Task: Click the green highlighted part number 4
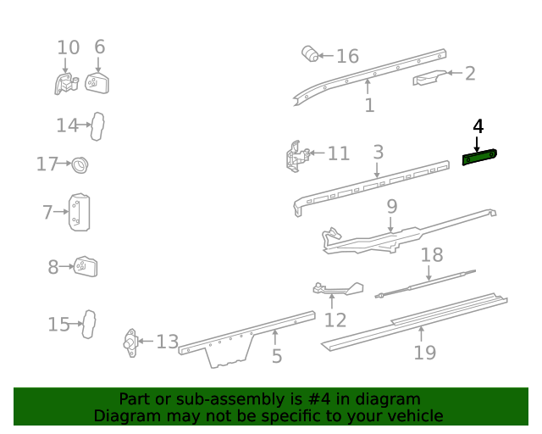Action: click(x=480, y=157)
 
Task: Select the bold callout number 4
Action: click(x=478, y=126)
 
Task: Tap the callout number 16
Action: click(x=348, y=56)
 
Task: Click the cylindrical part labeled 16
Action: click(x=310, y=53)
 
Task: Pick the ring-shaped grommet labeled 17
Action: click(x=80, y=165)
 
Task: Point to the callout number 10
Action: click(x=68, y=47)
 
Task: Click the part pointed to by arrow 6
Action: click(x=97, y=83)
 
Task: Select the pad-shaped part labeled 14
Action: click(x=97, y=126)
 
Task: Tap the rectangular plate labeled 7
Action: click(x=79, y=212)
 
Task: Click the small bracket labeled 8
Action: click(x=86, y=266)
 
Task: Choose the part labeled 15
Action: click(x=88, y=325)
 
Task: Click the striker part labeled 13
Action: click(x=130, y=342)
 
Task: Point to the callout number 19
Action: click(x=425, y=353)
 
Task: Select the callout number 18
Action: click(x=432, y=255)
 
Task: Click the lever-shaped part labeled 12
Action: click(x=339, y=289)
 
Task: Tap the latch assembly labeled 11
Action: click(x=297, y=157)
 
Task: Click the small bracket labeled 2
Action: click(x=429, y=77)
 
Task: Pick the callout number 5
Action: click(x=277, y=356)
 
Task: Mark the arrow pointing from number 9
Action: click(x=390, y=225)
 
